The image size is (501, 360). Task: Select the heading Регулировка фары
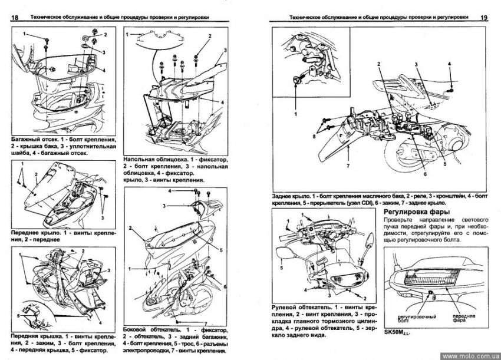[415, 211]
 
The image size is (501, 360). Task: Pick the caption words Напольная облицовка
[159, 160]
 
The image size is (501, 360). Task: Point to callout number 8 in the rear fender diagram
[314, 136]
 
